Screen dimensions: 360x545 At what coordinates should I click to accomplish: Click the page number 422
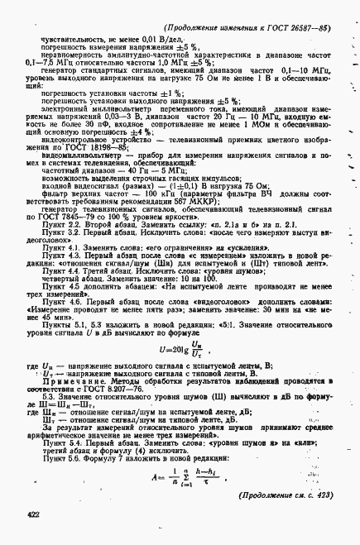click(33, 515)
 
